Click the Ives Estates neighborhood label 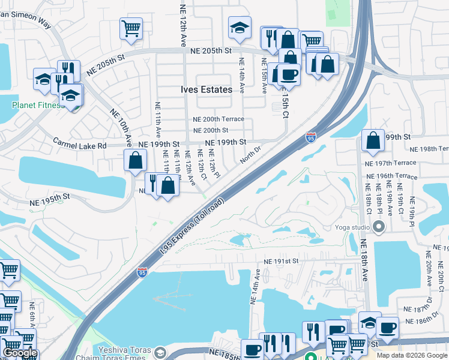click(206, 89)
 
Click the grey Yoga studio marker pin click(379, 227)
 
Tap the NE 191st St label click(281, 262)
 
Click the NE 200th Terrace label click(218, 119)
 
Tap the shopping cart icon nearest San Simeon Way click(131, 28)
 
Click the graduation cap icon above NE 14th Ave click(240, 27)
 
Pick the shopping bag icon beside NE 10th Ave click(136, 160)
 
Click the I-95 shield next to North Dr click(310, 137)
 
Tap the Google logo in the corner click(20, 353)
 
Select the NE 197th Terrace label click(390, 163)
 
